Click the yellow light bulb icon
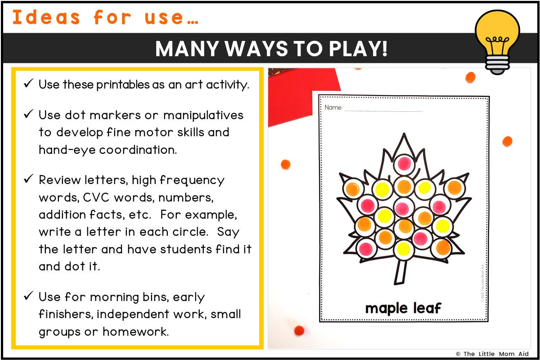(x=497, y=38)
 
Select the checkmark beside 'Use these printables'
(x=28, y=84)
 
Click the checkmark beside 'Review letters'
(x=28, y=180)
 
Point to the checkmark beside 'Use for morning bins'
(x=28, y=297)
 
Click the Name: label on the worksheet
(x=333, y=108)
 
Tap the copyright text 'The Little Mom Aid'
(x=496, y=354)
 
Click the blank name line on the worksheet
(x=383, y=110)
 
